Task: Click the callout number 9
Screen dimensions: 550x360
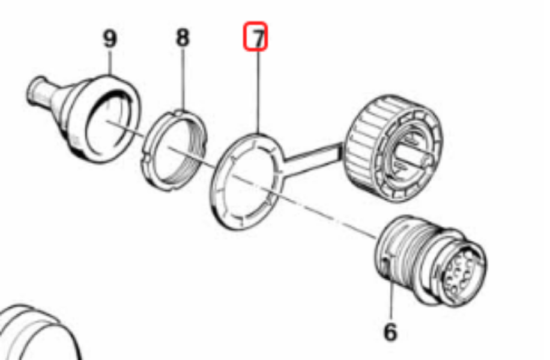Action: coord(110,38)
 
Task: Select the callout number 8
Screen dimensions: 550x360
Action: coord(183,37)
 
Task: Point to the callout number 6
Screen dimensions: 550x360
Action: coord(390,332)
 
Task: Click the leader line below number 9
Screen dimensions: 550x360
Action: coord(110,62)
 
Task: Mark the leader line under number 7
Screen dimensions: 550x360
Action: coord(259,92)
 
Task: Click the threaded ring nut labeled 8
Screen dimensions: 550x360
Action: coord(174,150)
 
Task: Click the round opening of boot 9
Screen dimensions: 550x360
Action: coord(109,121)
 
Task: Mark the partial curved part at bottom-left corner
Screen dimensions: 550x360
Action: coord(38,331)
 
